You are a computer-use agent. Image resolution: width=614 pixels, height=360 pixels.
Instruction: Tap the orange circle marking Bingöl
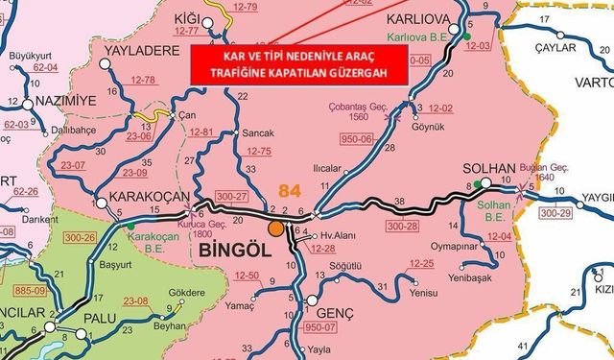point(275,228)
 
